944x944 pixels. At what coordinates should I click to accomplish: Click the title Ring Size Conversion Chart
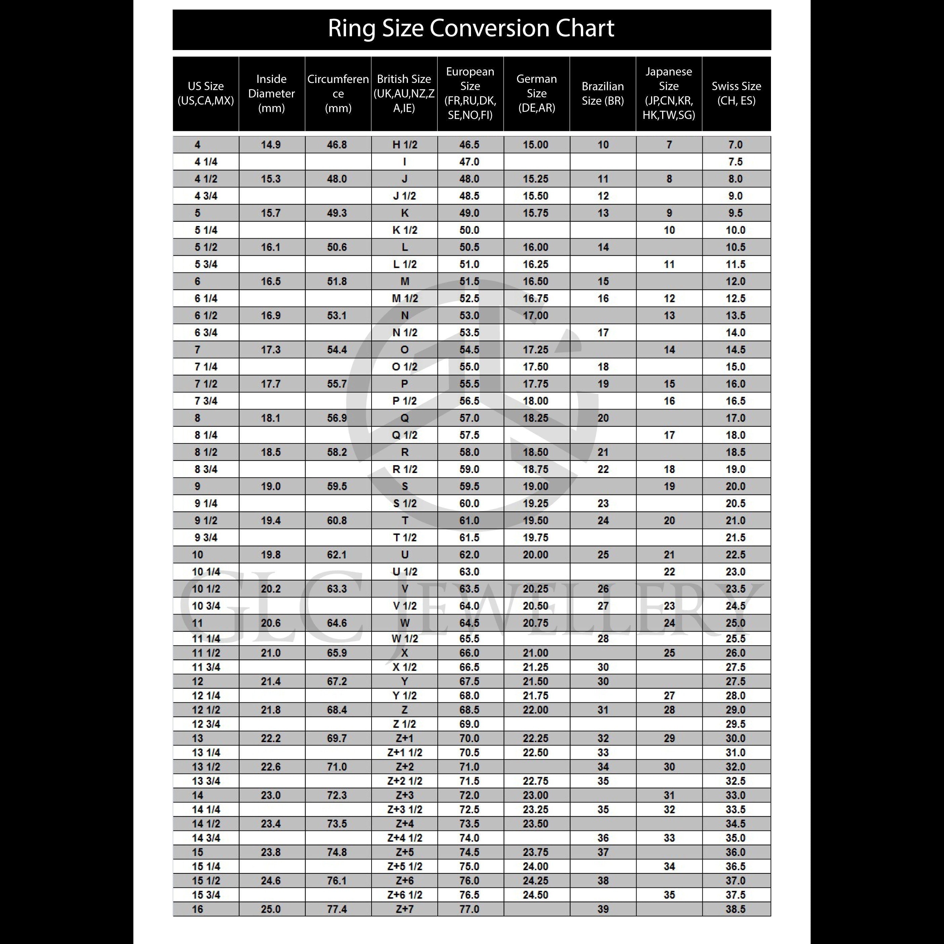coord(471,28)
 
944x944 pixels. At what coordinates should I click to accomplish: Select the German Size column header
coord(537,93)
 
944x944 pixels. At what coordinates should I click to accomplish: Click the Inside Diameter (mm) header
coord(271,93)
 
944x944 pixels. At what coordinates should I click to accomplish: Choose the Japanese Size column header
coord(669,93)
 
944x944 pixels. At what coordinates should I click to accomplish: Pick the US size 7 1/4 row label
coord(206,367)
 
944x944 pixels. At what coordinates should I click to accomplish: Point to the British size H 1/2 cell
coord(404,145)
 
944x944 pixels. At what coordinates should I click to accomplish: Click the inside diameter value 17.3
coord(271,350)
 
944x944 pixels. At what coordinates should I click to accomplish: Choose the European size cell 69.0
coord(469,724)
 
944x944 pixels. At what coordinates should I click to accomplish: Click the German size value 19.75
coord(535,538)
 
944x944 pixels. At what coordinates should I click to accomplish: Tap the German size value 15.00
coord(535,145)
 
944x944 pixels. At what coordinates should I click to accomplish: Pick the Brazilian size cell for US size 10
coord(603,555)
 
